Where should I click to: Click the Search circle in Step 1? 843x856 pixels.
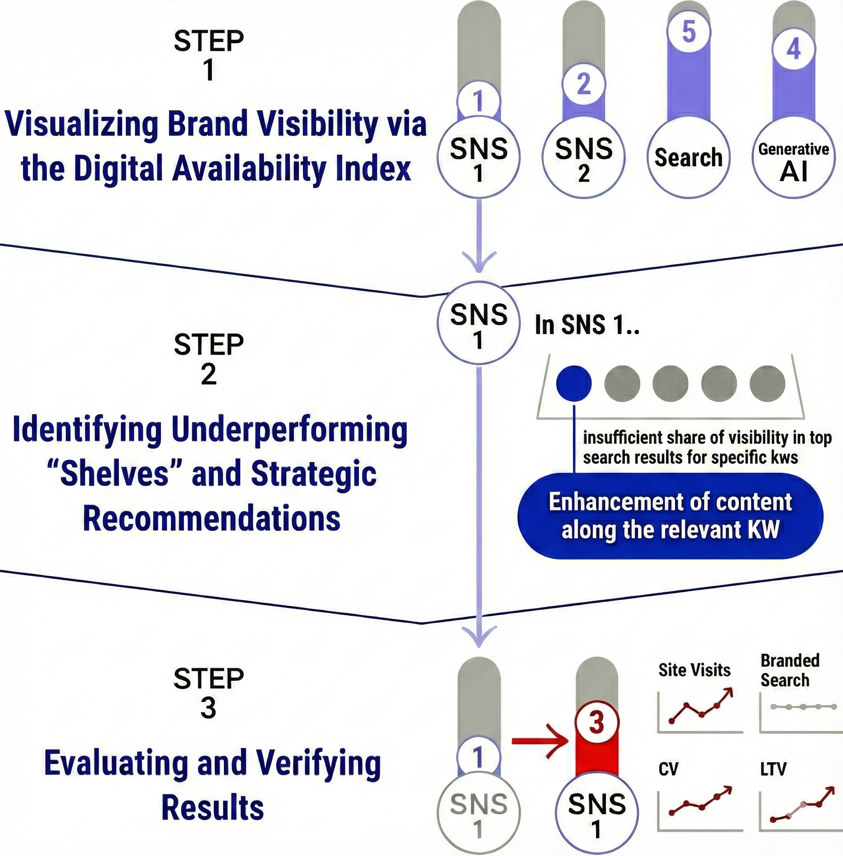689,158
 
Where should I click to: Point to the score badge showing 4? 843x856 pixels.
794,49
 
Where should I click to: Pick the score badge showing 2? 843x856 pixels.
584,83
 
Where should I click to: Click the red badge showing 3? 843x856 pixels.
596,722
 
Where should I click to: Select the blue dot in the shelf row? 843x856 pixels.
573,383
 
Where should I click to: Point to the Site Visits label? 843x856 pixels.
694,670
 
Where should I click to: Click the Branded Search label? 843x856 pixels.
789,670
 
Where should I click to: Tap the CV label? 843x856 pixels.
668,769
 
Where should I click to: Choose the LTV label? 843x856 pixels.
773,769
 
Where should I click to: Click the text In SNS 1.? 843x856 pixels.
587,325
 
